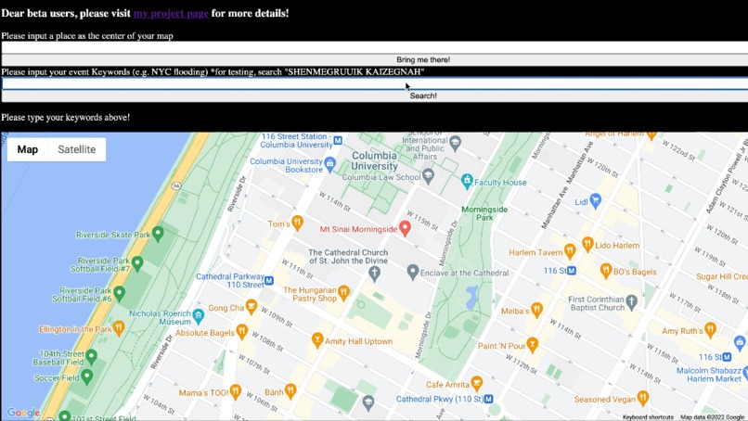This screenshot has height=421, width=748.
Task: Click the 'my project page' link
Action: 171,13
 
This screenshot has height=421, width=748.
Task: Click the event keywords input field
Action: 374,83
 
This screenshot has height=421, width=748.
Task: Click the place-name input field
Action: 374,47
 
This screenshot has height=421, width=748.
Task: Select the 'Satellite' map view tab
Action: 76,149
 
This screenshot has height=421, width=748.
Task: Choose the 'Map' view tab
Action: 28,149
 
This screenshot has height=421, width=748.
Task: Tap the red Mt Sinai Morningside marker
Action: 406,228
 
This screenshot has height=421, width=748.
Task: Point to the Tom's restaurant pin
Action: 297,223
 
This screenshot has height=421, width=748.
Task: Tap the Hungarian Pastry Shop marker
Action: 343,293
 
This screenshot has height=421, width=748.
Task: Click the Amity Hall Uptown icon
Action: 317,340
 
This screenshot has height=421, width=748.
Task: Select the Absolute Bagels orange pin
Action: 241,331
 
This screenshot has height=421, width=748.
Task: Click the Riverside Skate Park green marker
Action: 158,234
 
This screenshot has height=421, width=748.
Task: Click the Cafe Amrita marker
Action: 476,383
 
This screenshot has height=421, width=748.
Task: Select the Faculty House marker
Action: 467,182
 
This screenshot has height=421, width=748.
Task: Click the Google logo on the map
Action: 23,413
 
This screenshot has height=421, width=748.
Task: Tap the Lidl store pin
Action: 596,200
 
